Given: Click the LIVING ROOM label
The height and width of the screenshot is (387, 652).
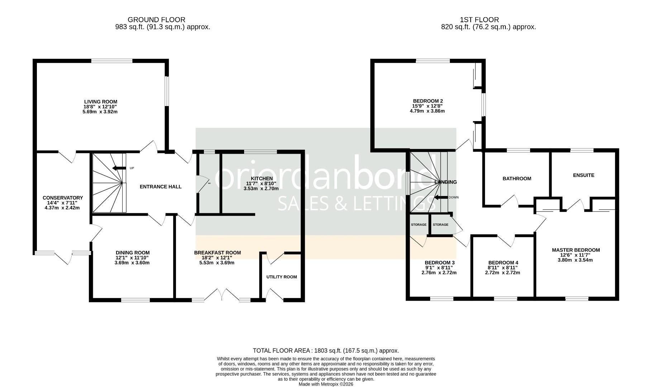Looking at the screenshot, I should [x=101, y=102].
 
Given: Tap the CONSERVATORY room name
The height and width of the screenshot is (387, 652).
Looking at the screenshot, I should [x=63, y=198].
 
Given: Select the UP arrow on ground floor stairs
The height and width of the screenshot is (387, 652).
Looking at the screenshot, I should [x=118, y=168].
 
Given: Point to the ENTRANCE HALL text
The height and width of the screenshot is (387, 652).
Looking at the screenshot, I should [x=160, y=187].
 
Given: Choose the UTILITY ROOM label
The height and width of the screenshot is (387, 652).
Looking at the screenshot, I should [x=281, y=277].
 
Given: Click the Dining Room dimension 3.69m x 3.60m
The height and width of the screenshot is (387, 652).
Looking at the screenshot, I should [x=132, y=263].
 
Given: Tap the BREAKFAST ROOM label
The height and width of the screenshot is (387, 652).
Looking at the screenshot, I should [x=217, y=253].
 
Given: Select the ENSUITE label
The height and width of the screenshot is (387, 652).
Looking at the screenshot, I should [x=584, y=175].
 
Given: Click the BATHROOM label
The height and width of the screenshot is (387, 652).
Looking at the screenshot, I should [x=517, y=178].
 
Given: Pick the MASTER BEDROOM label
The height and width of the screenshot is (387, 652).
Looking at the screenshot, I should [x=576, y=250].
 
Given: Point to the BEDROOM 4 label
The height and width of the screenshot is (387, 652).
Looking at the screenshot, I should [x=503, y=262].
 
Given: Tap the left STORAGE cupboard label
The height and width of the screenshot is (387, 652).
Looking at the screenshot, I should [x=418, y=225].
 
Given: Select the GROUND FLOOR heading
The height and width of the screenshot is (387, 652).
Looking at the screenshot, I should [x=156, y=20].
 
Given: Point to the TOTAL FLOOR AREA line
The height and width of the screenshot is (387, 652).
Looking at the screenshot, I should [x=326, y=351].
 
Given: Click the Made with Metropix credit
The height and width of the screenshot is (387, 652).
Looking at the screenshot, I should [x=326, y=384].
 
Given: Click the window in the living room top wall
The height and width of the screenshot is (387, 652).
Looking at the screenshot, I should [x=112, y=61].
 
